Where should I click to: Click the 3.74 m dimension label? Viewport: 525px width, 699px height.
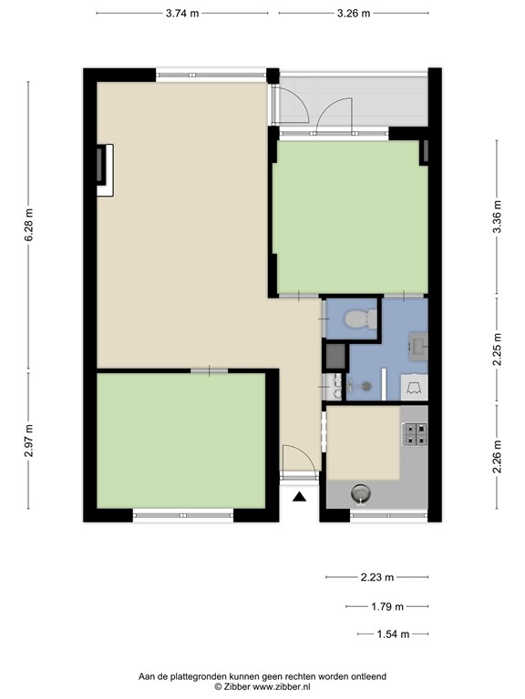[182, 14]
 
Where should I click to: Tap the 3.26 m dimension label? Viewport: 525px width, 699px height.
[354, 14]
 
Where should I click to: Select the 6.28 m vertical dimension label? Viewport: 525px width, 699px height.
[28, 225]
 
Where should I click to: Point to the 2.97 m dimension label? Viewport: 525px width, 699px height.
[28, 441]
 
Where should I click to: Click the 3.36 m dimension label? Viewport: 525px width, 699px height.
[498, 217]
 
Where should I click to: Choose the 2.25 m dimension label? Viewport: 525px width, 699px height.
[498, 349]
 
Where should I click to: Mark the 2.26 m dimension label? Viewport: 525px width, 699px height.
[498, 457]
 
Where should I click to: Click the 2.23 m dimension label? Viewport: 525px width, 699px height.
[377, 577]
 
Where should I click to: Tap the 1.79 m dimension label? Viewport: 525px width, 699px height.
[387, 606]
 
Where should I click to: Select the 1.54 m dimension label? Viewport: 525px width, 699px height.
[393, 633]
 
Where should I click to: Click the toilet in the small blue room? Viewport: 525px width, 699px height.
[361, 319]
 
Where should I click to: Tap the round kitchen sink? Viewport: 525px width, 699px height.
[360, 493]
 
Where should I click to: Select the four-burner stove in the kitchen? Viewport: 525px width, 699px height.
[415, 434]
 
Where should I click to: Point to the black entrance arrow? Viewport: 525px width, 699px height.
[300, 497]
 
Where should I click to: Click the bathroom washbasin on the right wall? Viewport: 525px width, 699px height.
[418, 347]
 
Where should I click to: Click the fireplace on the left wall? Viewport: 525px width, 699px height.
[105, 170]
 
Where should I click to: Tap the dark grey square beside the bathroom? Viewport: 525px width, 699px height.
[335, 356]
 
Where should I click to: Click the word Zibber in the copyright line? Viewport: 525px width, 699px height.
[237, 686]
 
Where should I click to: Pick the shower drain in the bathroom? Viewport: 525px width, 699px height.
[366, 386]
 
